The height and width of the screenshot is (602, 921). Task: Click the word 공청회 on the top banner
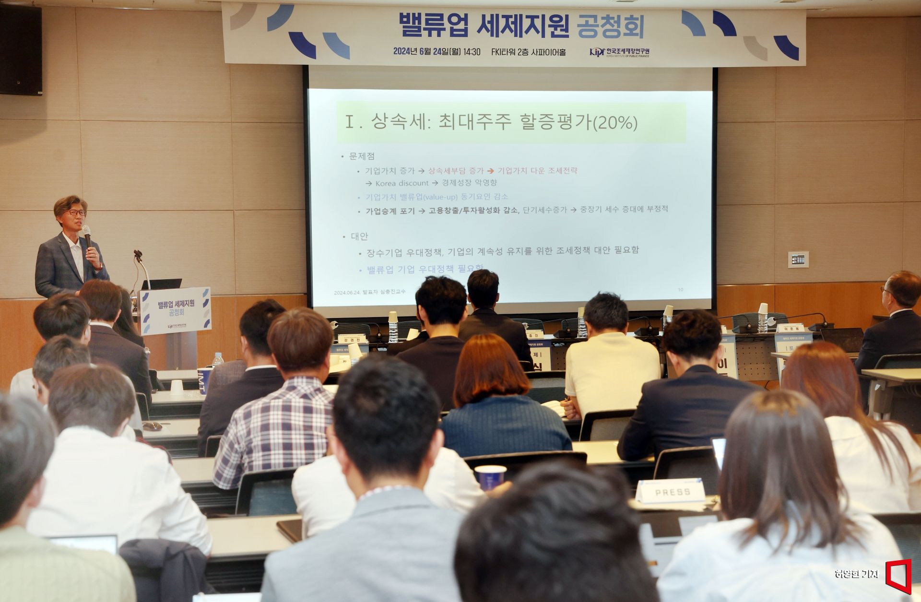point(611,26)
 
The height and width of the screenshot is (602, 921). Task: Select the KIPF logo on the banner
point(597,51)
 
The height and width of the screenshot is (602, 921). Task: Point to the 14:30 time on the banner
point(472,52)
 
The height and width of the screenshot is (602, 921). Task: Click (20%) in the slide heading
point(615,123)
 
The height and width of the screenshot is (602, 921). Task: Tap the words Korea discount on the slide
point(401,183)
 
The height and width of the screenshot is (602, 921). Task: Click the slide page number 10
point(680,289)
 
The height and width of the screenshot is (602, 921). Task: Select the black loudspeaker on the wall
point(20,50)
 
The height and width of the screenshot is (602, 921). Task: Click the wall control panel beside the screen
point(798,260)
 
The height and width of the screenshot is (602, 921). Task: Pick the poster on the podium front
point(176,311)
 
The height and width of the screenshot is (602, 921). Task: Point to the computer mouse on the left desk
point(153,426)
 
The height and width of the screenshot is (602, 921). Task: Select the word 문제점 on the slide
point(362,156)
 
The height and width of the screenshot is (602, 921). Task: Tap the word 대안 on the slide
point(359,236)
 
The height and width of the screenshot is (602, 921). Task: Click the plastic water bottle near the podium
point(218,359)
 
